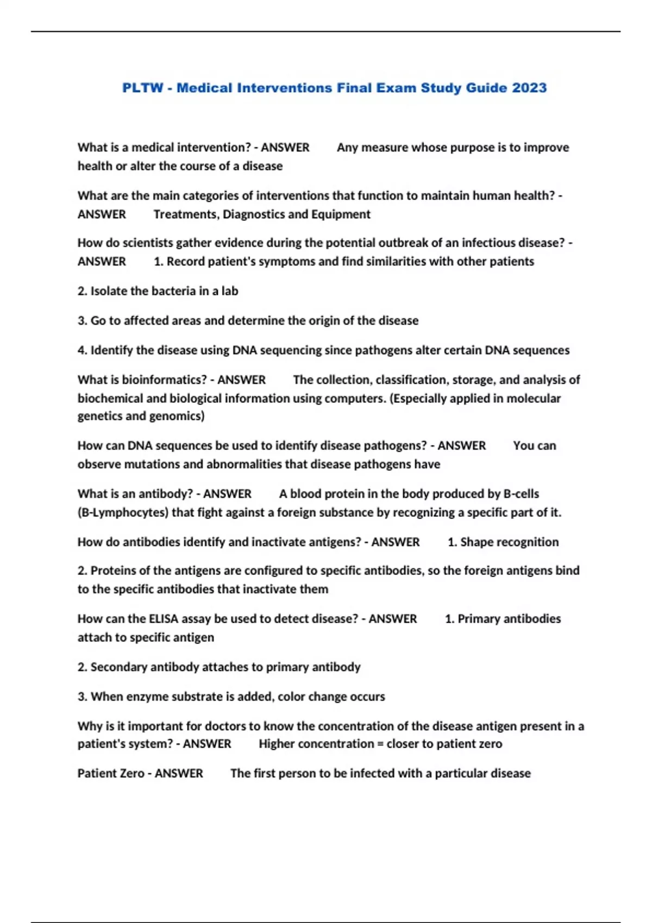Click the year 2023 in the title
click(x=529, y=88)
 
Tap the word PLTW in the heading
click(x=142, y=88)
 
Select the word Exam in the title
click(x=401, y=88)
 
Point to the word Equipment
click(x=341, y=214)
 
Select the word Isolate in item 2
click(x=108, y=291)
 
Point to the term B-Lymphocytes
click(x=123, y=513)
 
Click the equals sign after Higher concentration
click(x=379, y=744)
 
